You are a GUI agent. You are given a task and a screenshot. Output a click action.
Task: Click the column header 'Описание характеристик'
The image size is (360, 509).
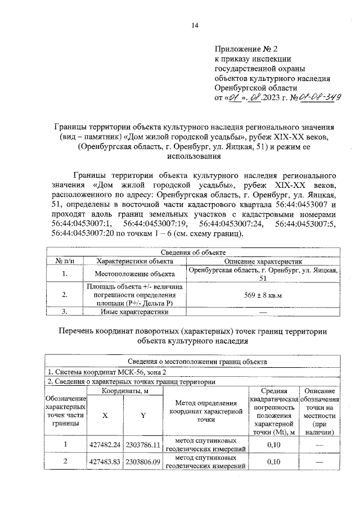pos(264,262)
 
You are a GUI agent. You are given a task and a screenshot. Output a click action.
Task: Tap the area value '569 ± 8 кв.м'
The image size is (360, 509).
pos(263,294)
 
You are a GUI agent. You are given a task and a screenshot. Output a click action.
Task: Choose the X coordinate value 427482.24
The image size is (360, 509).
pos(105,445)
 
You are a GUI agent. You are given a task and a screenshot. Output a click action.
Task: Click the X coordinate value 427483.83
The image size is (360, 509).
pos(105,462)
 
